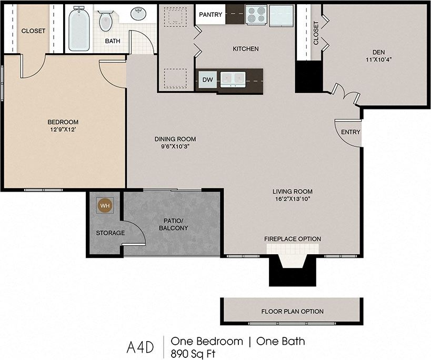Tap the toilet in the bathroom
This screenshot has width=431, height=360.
(106, 20)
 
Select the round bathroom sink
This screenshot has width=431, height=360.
(139, 14)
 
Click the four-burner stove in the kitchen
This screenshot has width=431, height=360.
(256, 15)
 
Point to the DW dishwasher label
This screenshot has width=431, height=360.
(207, 80)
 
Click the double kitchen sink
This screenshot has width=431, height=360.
(232, 79)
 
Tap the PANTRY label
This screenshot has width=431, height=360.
(211, 15)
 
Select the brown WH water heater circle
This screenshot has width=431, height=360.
(105, 205)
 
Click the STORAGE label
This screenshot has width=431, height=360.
(111, 233)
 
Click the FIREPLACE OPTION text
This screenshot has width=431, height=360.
(292, 239)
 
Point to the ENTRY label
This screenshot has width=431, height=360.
(350, 132)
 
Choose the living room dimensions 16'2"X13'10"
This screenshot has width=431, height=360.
(293, 199)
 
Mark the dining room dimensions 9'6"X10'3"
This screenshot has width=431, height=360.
(175, 147)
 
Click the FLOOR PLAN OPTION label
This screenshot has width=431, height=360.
(293, 312)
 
